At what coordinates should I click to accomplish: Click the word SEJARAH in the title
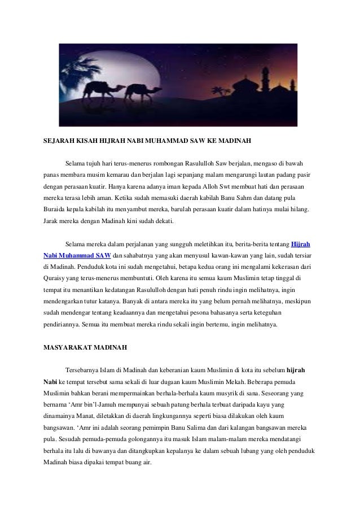[59, 138]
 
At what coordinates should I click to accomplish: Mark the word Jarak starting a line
[52, 221]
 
